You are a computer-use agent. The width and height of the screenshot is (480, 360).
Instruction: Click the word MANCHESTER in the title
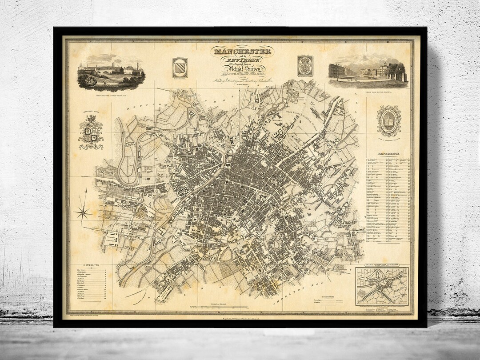tap(242, 51)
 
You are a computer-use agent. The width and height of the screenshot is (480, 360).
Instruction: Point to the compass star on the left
tap(83, 212)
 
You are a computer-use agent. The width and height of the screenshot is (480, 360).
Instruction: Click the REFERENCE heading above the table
tap(388, 154)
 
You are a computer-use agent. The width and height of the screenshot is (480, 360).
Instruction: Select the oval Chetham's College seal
tap(389, 121)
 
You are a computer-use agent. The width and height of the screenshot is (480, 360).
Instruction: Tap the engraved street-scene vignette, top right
tap(368, 70)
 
